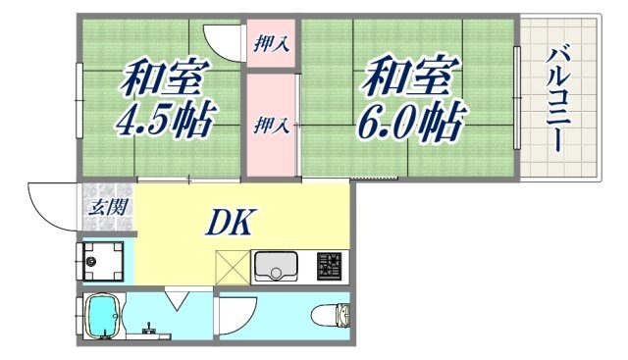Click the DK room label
pyautogui.click(x=232, y=223)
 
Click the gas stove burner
pyautogui.click(x=329, y=266)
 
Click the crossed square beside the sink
pyautogui.click(x=233, y=267)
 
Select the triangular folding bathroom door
pyautogui.click(x=178, y=298)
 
